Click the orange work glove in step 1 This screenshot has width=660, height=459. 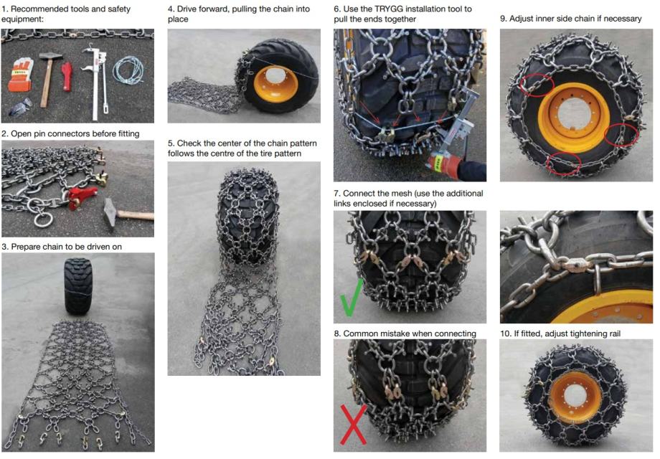21,75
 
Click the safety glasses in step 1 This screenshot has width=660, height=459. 21,106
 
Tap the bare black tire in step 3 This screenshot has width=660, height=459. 78,285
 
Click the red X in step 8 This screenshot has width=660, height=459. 353,425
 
